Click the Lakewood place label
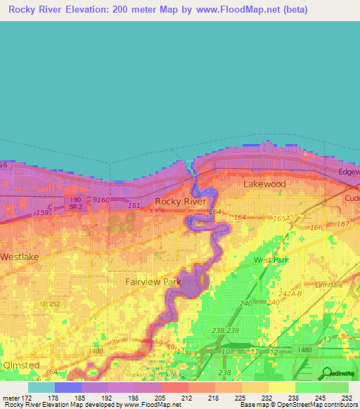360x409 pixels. (264, 183)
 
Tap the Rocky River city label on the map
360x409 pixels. (181, 202)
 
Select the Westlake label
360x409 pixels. (19, 257)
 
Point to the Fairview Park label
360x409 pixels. (153, 282)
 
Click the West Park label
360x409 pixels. (271, 260)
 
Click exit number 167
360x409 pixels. (342, 224)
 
